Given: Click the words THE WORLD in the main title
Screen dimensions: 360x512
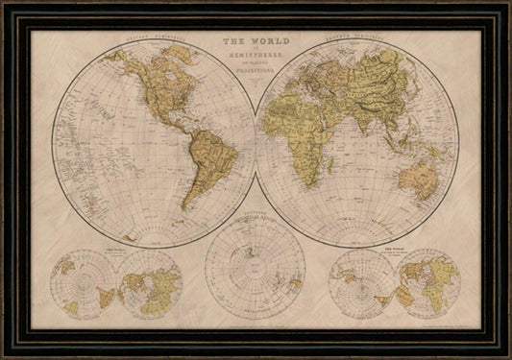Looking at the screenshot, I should pyautogui.click(x=256, y=42).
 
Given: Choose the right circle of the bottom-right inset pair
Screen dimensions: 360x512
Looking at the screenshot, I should pyautogui.click(x=427, y=284).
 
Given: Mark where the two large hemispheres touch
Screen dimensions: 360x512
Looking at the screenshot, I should pyautogui.click(x=256, y=143).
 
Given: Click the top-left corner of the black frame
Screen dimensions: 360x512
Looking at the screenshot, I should pyautogui.click(x=5, y=5).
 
